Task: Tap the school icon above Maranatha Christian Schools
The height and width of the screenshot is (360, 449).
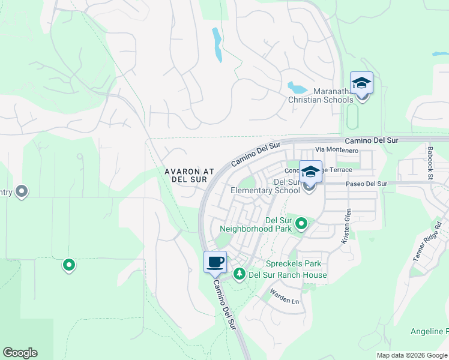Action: (x=361, y=83)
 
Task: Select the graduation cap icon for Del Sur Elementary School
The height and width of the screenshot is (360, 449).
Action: (x=310, y=172)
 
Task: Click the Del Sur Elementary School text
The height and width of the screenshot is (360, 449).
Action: (x=265, y=186)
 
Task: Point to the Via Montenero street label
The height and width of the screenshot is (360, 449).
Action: (x=337, y=150)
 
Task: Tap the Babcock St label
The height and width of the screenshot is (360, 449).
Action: (x=430, y=162)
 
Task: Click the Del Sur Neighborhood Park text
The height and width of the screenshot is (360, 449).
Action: (x=256, y=224)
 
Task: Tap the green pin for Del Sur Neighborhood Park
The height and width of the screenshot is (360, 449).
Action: (x=301, y=224)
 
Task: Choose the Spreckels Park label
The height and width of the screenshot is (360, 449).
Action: (x=294, y=263)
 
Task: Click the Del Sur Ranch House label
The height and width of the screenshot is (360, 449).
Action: (x=288, y=275)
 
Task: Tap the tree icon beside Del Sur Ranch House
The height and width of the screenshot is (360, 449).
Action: (x=240, y=274)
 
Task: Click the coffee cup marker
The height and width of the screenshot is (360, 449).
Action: (x=215, y=262)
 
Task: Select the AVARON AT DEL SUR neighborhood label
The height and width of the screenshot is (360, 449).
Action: (x=190, y=175)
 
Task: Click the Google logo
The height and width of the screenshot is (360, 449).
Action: (x=20, y=353)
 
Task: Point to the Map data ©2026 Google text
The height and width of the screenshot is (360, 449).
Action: (x=412, y=355)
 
